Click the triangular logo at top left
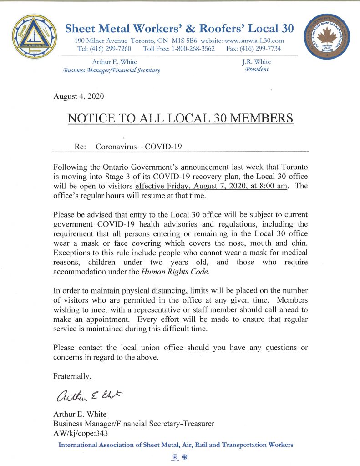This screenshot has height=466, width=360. (35, 36)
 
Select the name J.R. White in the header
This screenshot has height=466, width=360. (257, 62)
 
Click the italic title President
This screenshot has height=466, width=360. (257, 70)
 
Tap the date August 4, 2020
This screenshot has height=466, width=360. (79, 96)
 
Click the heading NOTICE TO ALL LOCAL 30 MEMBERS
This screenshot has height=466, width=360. (180, 118)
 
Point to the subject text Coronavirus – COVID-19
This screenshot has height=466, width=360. (139, 147)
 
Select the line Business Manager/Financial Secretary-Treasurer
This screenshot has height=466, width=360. (134, 424)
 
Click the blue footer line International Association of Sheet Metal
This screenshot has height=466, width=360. (176, 445)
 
